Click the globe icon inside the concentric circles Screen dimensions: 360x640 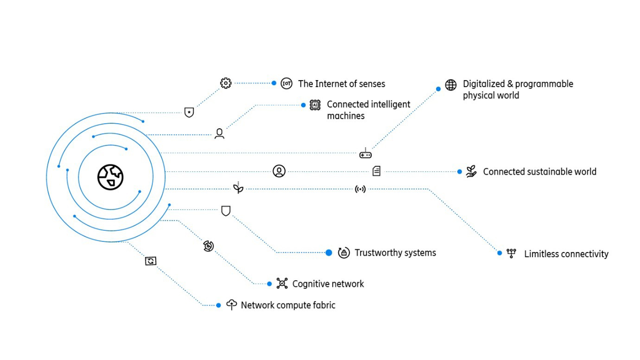111,177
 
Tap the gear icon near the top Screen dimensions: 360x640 226,83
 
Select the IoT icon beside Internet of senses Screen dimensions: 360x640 287,84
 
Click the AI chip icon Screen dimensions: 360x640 315,105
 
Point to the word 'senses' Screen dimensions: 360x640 372,84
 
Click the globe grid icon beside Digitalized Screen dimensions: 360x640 451,85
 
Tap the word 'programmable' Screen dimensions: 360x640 544,84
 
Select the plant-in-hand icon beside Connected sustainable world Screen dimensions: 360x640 471,171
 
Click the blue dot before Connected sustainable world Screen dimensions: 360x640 460,172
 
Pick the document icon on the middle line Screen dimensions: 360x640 376,171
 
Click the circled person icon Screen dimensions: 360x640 279,171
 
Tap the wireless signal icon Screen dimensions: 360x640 360,189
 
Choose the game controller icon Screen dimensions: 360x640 365,154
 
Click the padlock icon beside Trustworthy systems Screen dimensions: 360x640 344,253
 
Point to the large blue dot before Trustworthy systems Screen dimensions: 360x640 329,253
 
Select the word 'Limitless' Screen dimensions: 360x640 541,254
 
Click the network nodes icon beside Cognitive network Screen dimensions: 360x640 282,283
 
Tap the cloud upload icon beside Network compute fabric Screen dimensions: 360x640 231,305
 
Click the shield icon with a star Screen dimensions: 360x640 189,112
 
